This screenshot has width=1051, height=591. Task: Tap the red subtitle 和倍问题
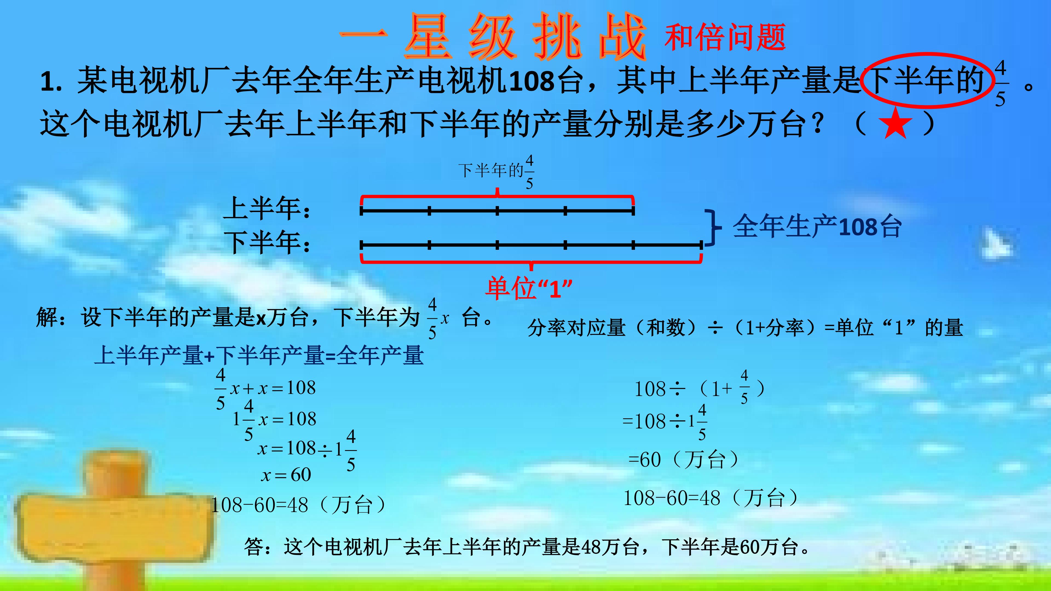725,37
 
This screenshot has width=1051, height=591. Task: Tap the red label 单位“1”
528,288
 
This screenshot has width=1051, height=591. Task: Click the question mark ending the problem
817,123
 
